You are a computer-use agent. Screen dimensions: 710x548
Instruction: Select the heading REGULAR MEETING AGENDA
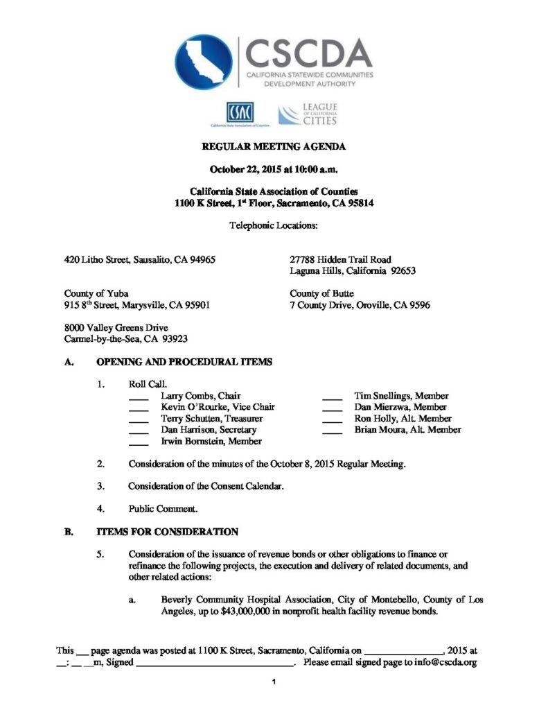click(273, 146)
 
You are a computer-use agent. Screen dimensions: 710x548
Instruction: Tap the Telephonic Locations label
click(273, 225)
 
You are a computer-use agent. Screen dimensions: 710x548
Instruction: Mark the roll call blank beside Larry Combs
click(139, 397)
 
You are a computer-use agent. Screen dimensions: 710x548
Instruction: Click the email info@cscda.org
click(443, 663)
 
